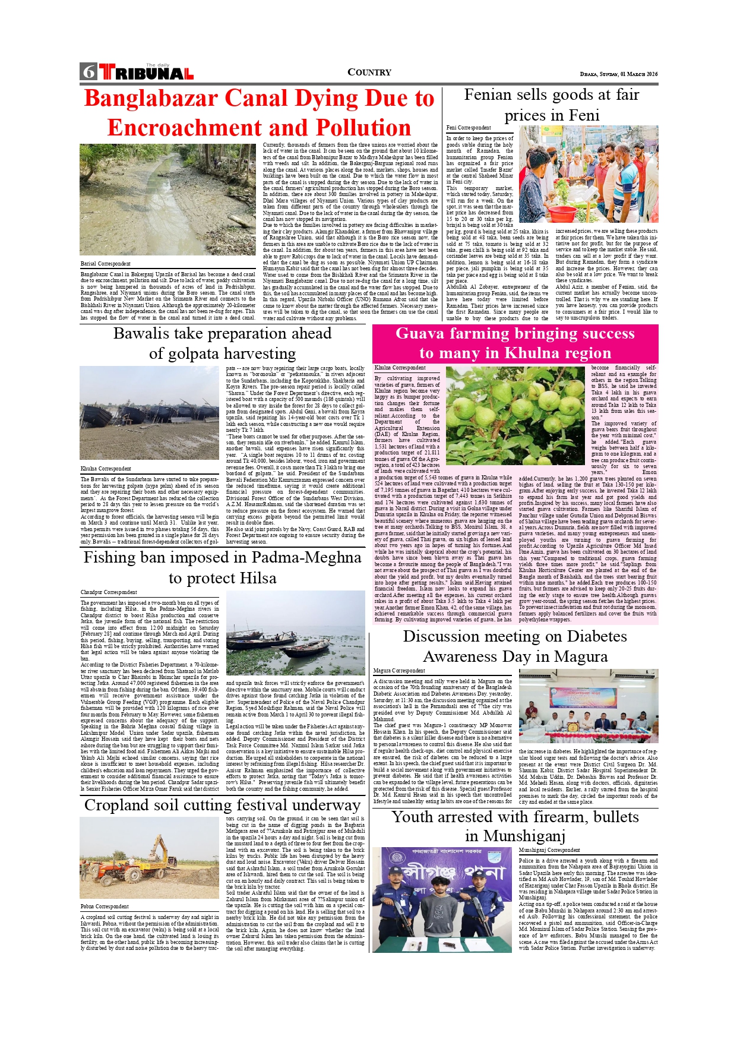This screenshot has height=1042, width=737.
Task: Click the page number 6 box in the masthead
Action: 88,72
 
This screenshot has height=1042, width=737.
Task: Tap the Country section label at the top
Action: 369,72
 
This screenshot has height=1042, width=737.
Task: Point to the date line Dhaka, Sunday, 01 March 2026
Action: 618,74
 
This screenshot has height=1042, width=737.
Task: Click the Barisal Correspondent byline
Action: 106,264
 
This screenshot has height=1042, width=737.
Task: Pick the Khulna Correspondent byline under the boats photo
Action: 106,469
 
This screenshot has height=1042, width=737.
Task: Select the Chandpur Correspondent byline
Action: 109,592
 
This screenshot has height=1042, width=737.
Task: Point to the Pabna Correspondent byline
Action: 105,907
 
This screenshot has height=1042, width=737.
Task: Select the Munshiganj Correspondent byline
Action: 549,850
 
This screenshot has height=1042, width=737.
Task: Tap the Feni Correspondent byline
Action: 469,128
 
